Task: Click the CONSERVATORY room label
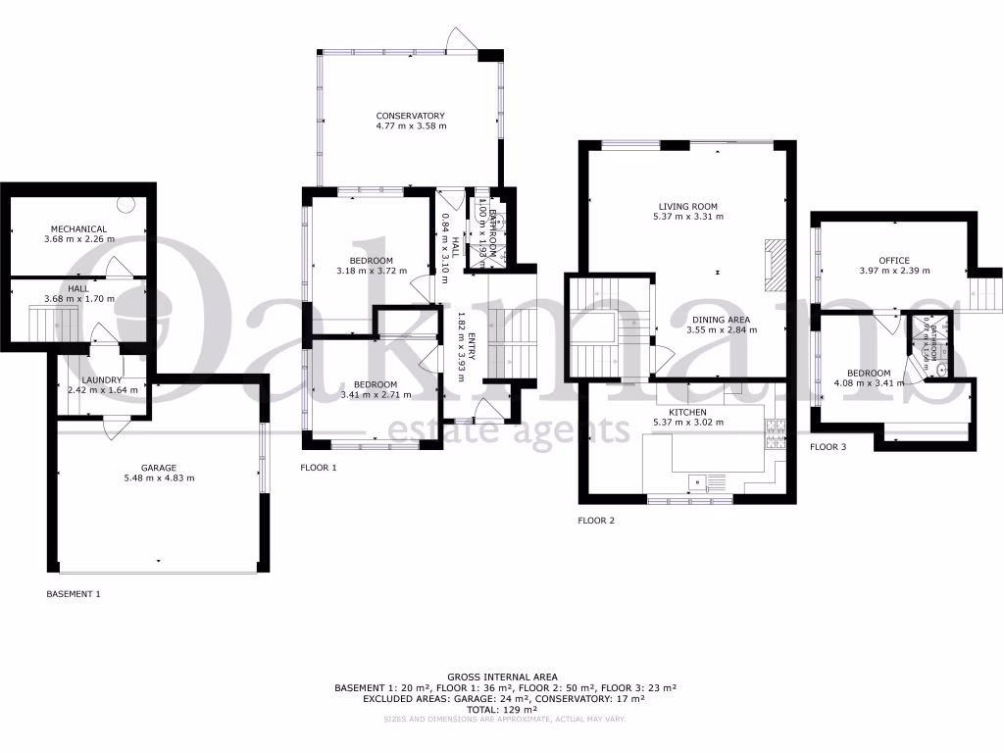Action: tap(411, 116)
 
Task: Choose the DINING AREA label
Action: tap(721, 320)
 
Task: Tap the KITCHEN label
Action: tap(688, 412)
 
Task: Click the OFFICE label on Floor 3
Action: tap(894, 260)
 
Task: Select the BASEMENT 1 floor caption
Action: tap(74, 594)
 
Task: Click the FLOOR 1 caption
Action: tap(319, 468)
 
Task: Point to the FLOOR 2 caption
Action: tap(596, 521)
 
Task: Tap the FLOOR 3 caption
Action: tap(828, 447)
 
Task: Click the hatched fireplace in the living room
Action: tap(775, 264)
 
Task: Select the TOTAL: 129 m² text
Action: tap(502, 709)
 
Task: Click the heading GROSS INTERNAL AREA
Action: tap(502, 677)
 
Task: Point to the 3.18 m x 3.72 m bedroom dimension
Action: tap(371, 271)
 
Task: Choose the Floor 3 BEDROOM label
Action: tap(869, 373)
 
